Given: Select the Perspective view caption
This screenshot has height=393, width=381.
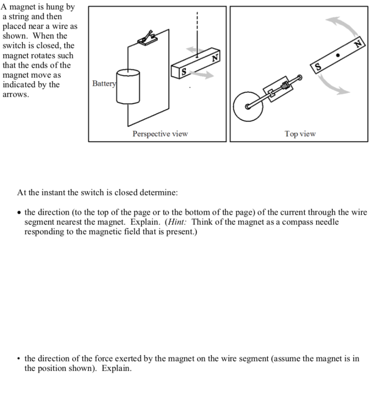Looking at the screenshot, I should tap(160, 134).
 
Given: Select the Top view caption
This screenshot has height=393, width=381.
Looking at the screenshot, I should tap(300, 134).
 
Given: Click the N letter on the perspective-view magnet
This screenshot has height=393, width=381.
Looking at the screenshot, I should tap(215, 58).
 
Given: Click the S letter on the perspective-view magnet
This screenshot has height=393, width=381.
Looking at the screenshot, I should tap(184, 71).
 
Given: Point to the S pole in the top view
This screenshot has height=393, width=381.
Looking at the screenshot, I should tap(317, 67).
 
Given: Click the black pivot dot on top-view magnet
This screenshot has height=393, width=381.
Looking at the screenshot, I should tap(338, 55).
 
